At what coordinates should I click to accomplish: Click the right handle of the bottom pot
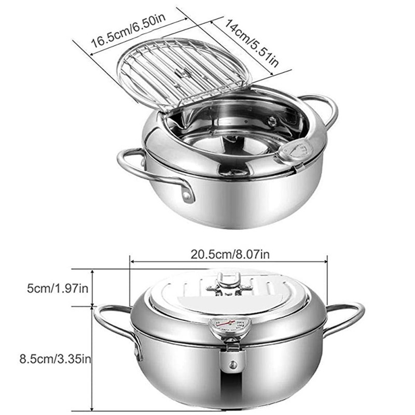345,316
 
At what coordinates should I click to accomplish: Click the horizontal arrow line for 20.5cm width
228,262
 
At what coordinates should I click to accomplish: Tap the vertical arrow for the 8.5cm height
92,358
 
